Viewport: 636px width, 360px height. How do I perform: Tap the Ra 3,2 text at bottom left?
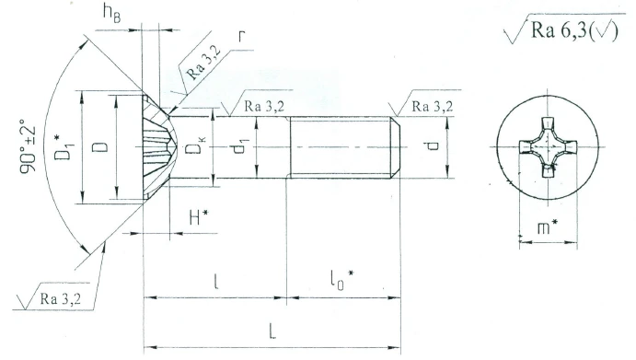click(x=60, y=298)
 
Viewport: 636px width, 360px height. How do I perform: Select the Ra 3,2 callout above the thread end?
click(x=432, y=107)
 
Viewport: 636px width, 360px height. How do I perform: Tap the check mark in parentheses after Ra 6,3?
click(x=608, y=32)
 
